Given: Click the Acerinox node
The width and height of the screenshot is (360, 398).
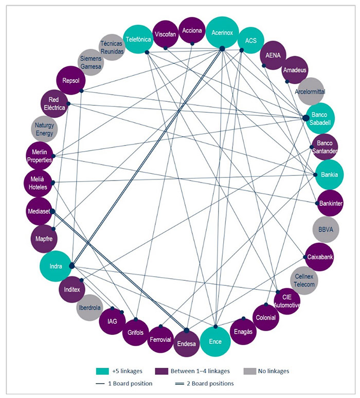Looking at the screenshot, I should tap(222, 32).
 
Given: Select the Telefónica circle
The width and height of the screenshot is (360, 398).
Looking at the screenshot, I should tap(137, 40).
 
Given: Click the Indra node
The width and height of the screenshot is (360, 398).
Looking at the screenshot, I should tap(55, 266).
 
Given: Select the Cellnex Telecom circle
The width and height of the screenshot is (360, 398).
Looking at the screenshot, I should tap(304, 280).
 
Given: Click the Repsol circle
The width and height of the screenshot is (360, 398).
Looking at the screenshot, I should tap(69, 81).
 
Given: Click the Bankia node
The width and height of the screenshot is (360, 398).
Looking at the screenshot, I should tap(329, 174).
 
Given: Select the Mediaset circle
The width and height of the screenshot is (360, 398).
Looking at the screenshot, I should tap(39, 210).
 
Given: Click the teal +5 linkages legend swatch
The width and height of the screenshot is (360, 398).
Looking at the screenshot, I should tap(103, 371).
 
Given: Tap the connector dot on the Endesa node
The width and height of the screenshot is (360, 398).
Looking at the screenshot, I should tap(186, 330).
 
